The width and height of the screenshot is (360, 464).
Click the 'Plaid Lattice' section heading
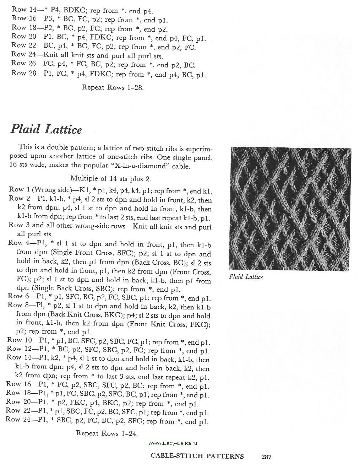(46, 129)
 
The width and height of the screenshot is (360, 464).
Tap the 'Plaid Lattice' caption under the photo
(246, 276)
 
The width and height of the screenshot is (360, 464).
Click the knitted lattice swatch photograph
(290, 208)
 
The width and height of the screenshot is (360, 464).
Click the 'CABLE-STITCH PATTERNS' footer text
(197, 456)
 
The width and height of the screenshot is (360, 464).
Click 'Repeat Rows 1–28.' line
(113, 87)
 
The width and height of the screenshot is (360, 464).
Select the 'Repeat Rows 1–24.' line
(107, 433)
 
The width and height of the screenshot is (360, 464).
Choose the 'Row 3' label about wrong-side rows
(19, 225)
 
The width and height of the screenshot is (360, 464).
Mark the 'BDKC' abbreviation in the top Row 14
(74, 11)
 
